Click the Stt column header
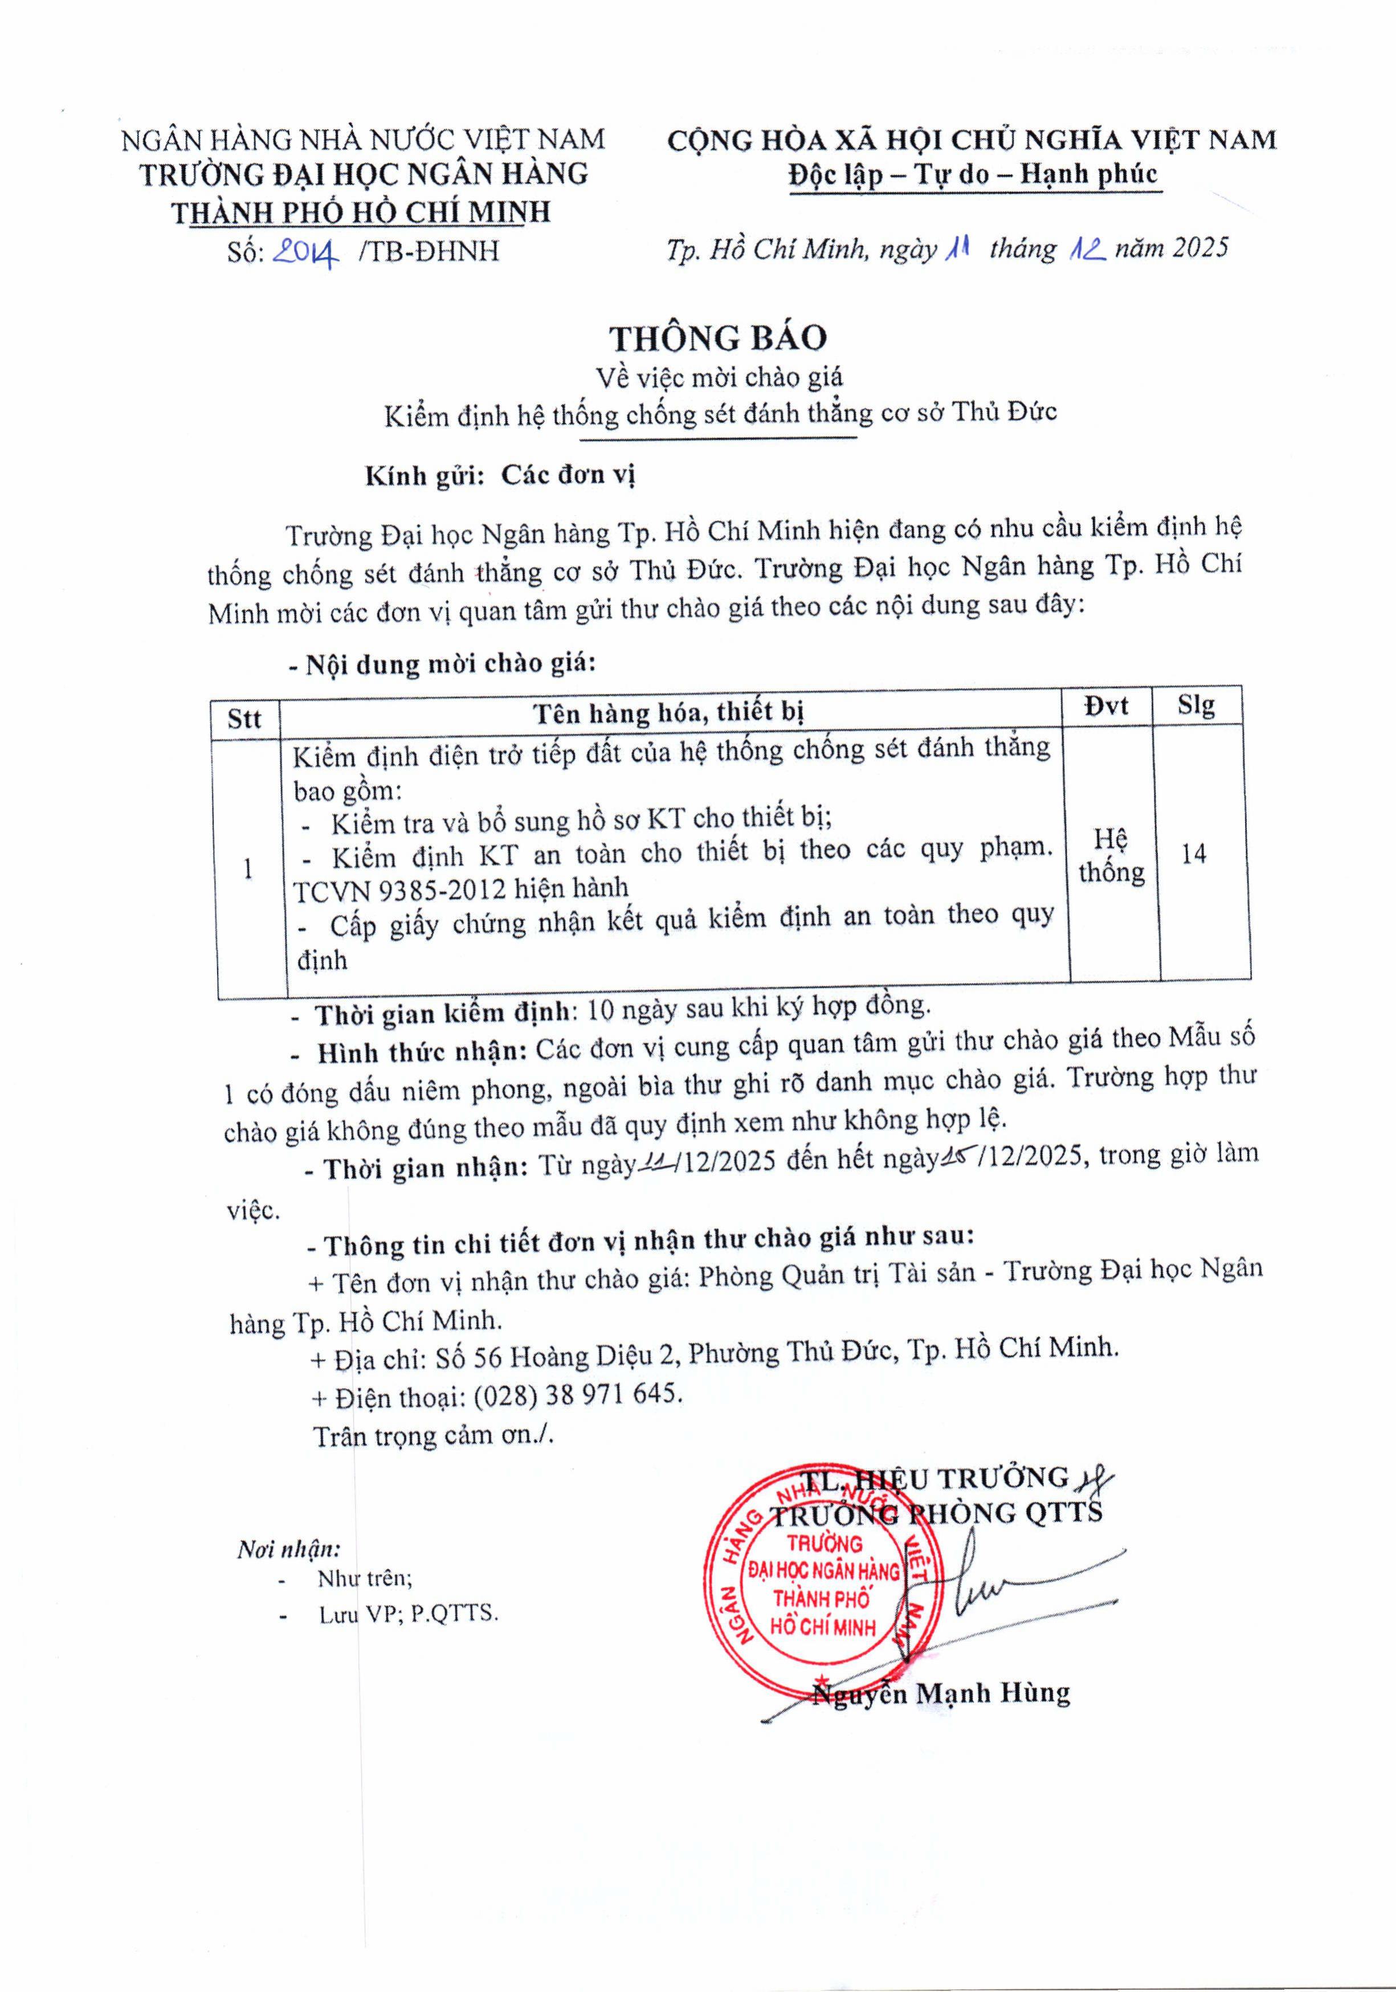tap(244, 719)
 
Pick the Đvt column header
tap(1106, 706)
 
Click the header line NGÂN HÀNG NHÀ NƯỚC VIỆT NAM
tap(362, 140)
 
